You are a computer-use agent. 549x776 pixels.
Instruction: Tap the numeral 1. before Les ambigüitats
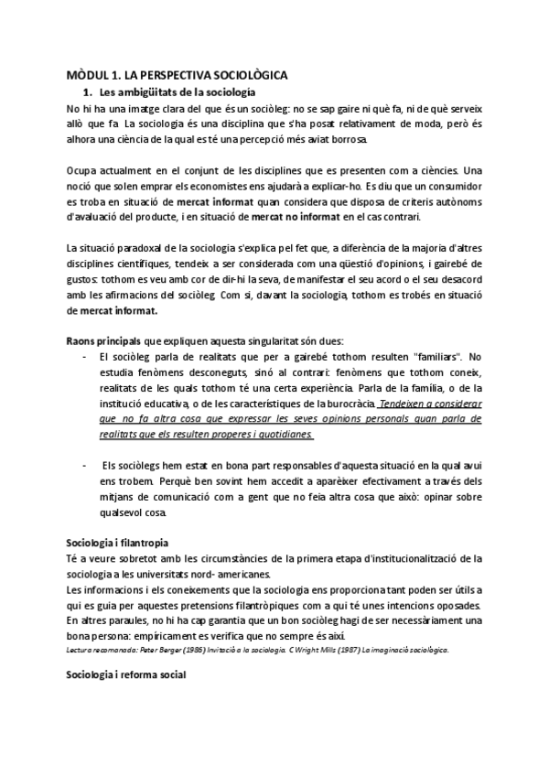tap(89, 92)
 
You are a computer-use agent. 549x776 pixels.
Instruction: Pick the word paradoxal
tap(139, 248)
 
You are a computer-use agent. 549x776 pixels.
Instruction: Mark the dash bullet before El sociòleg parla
tap(85, 357)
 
